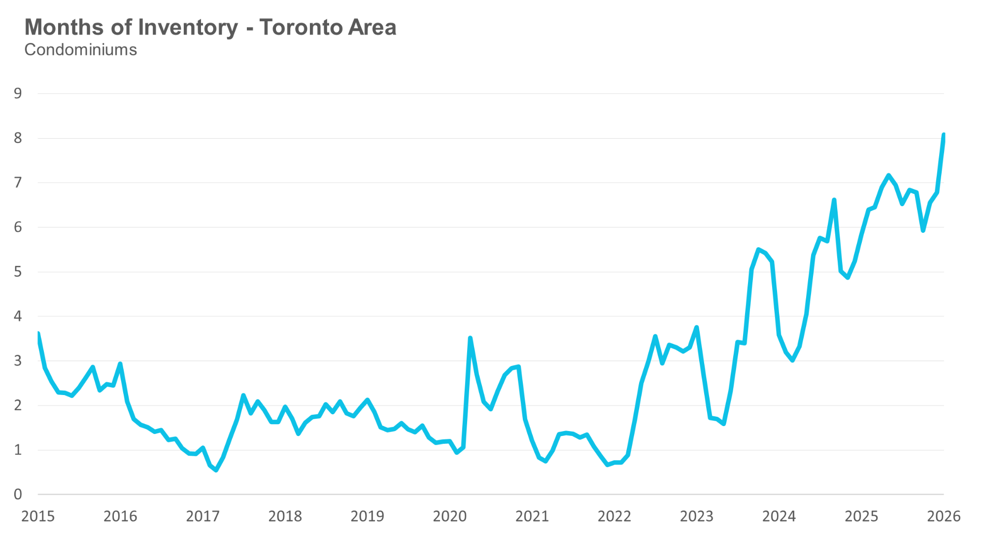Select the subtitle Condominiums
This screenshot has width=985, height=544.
[x=81, y=50]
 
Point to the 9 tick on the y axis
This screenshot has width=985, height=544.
[x=18, y=93]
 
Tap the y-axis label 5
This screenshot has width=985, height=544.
[x=18, y=272]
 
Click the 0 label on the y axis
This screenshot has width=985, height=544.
[x=18, y=494]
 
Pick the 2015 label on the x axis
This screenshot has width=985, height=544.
[x=38, y=516]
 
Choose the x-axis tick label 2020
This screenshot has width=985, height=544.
[x=449, y=516]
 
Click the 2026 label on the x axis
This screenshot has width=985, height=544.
[x=944, y=516]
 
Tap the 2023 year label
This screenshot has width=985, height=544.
[x=697, y=516]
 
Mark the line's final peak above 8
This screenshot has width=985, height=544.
[x=944, y=135]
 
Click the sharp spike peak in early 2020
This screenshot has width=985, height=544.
[x=470, y=338]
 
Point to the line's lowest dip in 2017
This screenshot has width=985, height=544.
[x=216, y=470]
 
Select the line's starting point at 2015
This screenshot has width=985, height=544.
[x=38, y=334]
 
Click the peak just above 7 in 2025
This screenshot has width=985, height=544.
[x=888, y=175]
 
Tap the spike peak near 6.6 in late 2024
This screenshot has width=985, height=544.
[x=834, y=200]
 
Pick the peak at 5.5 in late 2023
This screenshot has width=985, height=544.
[x=758, y=250]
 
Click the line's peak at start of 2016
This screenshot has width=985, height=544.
[x=120, y=364]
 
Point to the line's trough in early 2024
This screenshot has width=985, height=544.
[x=792, y=361]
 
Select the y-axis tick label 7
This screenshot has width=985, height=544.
[x=18, y=182]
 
